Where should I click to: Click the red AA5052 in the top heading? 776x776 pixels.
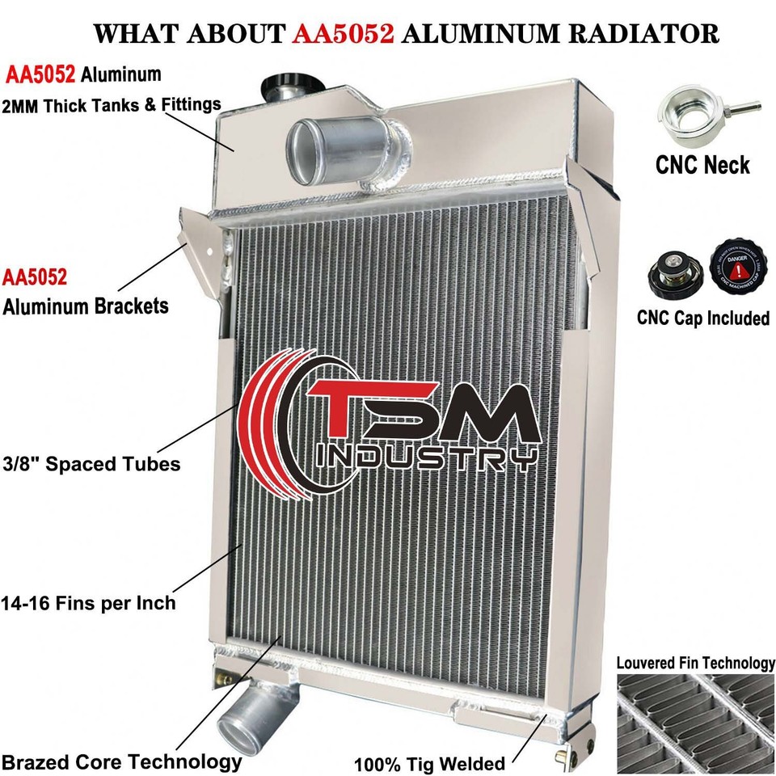coord(347,33)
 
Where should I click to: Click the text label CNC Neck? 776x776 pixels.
coord(702,166)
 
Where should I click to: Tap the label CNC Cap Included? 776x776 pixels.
coord(702,318)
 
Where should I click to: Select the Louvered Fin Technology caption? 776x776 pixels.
coord(695,663)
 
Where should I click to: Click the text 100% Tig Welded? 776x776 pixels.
coord(429,763)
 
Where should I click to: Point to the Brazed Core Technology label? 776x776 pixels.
coord(121,761)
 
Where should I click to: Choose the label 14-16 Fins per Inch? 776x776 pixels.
coord(88,602)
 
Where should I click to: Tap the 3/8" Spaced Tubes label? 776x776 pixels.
coord(90,464)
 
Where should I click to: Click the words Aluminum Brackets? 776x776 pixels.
coord(86,306)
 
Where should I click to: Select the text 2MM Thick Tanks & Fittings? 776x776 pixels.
coord(112,104)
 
